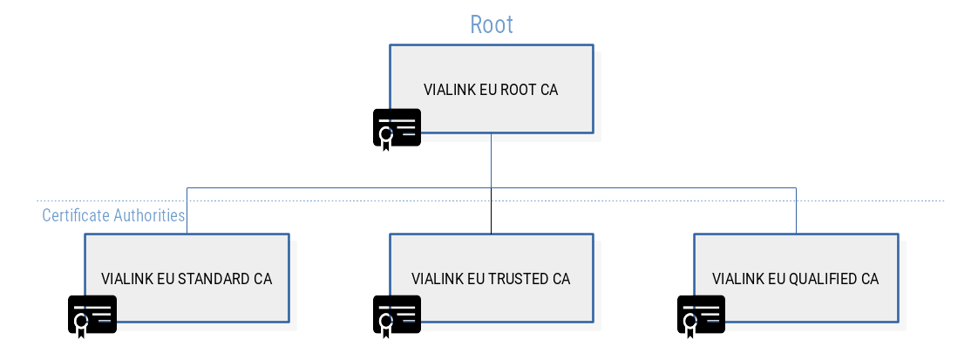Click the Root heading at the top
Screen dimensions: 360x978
[492, 24]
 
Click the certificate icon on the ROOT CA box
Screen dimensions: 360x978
[397, 128]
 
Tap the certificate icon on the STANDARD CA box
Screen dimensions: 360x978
[92, 315]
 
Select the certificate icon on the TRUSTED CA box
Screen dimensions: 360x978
[397, 315]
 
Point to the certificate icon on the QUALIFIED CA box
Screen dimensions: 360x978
[701, 315]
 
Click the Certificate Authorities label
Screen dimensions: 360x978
[114, 215]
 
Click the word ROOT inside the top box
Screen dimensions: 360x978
[515, 90]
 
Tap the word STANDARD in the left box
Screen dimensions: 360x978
[214, 280]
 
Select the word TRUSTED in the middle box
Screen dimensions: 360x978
[518, 280]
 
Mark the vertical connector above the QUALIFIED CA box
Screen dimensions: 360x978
[796, 210]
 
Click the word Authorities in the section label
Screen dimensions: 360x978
[150, 215]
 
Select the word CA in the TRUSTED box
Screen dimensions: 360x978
[561, 280]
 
